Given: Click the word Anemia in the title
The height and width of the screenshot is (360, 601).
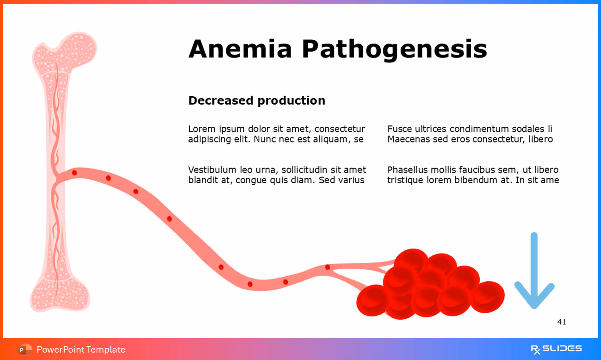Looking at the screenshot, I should pos(240,49).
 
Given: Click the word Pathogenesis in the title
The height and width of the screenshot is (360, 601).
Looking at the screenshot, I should pos(394,49).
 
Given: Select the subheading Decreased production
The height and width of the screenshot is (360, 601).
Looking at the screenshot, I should pos(256,100).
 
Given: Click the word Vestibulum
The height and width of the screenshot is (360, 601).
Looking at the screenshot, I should pos(211,170).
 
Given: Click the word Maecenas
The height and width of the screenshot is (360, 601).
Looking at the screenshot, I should pos(409,139).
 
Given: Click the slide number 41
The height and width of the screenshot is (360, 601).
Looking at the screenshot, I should pos(562,322).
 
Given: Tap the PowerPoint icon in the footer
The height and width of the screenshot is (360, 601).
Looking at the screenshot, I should pos(25,349).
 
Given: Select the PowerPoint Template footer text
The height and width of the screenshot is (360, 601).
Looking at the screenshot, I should pos(81,350).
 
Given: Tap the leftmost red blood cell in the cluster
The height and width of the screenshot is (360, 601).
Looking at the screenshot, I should pos(373,301).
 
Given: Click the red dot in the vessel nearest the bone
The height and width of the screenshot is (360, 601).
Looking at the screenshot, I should pos(74,173).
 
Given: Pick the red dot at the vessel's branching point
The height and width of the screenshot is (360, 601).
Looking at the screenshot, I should pos(328,267).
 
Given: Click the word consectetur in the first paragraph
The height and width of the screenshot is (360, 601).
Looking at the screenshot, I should pos(340,129).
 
